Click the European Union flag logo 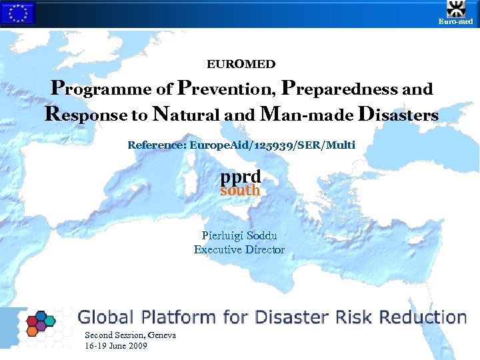pyautogui.click(x=17, y=13)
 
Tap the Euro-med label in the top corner pyautogui.click(x=455, y=22)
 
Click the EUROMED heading pyautogui.click(x=241, y=64)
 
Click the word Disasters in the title pyautogui.click(x=398, y=115)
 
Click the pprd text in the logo pyautogui.click(x=241, y=177)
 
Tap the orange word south pyautogui.click(x=240, y=191)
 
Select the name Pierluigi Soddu pyautogui.click(x=239, y=235)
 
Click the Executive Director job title pyautogui.click(x=239, y=250)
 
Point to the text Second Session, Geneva pyautogui.click(x=130, y=335)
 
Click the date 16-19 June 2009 pyautogui.click(x=116, y=346)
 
